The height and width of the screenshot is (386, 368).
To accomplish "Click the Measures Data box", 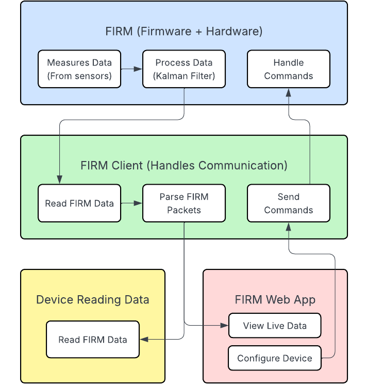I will pos(79,69).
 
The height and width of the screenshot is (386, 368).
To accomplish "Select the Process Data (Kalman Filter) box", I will pos(184,69).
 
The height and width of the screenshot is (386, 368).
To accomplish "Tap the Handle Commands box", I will pos(289,69).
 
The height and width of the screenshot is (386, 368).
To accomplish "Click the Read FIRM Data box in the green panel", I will pos(79,203).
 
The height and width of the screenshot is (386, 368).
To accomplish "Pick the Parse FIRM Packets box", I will pos(184,203).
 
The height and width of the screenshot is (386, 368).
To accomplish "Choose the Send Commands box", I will pos(289,203).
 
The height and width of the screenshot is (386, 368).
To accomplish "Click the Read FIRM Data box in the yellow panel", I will pos(93,340).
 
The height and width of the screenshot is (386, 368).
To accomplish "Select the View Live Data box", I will pos(275,326).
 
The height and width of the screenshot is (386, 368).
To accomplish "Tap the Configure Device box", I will pos(275,358).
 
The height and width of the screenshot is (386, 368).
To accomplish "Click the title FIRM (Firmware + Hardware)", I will pos(184,31).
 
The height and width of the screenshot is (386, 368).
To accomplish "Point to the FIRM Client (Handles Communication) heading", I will pos(184,166).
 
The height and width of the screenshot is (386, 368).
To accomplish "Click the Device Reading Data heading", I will pos(93,300).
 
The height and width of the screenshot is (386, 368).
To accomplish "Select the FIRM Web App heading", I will pos(275,300).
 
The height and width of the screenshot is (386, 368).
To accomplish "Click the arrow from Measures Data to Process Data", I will pos(132,69).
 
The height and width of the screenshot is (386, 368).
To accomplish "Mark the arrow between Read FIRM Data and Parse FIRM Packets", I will pos(132,203).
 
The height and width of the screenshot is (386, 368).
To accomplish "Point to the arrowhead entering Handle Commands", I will pos(289,92).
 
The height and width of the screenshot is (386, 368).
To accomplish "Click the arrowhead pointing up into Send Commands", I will pos(289,226).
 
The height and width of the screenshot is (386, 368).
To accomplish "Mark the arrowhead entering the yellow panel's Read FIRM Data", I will pos(144,340).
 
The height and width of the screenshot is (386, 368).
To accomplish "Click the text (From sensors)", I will pos(79,76).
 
